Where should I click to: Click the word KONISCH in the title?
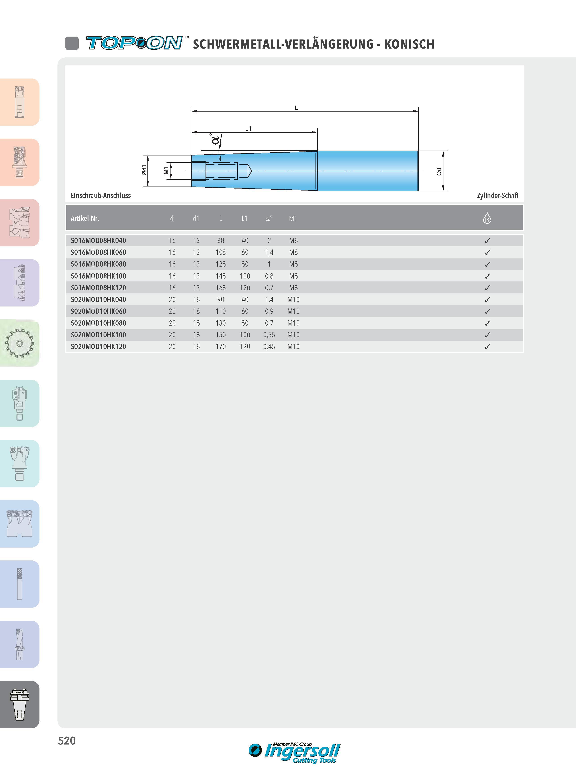(x=409, y=44)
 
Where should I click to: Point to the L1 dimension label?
(x=248, y=129)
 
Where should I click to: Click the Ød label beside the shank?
(x=439, y=171)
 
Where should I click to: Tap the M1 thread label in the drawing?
(x=166, y=171)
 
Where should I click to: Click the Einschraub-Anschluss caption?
(x=100, y=196)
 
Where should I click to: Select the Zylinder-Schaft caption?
(x=498, y=196)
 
